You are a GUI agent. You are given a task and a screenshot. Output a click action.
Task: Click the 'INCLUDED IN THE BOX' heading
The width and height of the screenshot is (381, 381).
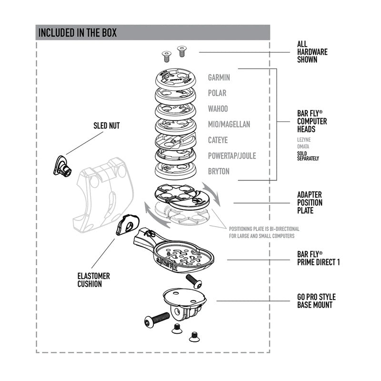[x=77, y=33]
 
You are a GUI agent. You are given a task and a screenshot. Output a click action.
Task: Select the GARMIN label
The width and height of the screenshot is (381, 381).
[x=219, y=77]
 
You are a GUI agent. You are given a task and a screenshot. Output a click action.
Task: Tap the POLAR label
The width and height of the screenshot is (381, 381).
[x=217, y=93]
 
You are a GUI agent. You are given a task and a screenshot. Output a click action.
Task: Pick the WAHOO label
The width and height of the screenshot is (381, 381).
[x=218, y=109]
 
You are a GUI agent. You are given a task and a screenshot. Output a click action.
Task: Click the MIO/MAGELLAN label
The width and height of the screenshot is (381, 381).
[x=229, y=124]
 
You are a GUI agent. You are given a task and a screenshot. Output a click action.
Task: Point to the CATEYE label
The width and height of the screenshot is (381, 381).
[x=218, y=140]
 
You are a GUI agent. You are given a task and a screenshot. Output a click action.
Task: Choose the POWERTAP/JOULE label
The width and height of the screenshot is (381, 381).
[x=232, y=156]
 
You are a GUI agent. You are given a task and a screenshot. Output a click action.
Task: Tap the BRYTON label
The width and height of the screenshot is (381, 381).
[x=219, y=171]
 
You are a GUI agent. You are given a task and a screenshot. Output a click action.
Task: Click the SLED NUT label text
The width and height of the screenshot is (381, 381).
[x=107, y=126]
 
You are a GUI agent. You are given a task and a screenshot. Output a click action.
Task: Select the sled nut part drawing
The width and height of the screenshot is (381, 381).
[x=62, y=166]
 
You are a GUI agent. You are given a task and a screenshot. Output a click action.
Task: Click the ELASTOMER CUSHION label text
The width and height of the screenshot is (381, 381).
[x=94, y=280]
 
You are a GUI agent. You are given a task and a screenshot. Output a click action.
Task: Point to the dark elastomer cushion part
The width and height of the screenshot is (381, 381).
[x=127, y=224]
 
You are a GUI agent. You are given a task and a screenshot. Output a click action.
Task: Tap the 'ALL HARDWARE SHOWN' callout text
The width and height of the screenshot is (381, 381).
[x=312, y=52]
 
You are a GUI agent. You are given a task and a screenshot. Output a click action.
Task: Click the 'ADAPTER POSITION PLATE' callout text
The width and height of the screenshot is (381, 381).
[x=310, y=202]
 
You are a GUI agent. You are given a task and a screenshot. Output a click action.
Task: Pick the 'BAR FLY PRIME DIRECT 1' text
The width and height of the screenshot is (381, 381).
[x=318, y=258]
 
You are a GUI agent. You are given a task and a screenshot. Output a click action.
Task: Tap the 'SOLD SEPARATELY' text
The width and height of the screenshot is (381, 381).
[x=308, y=156]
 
